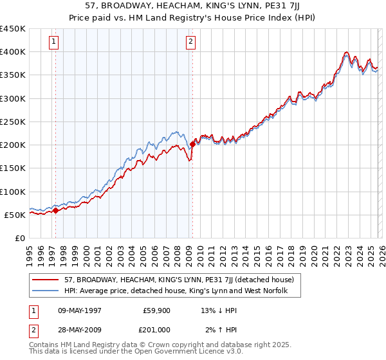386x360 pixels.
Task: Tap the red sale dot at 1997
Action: pyautogui.click(x=55, y=210)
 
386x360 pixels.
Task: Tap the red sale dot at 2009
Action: pyautogui.click(x=192, y=145)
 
